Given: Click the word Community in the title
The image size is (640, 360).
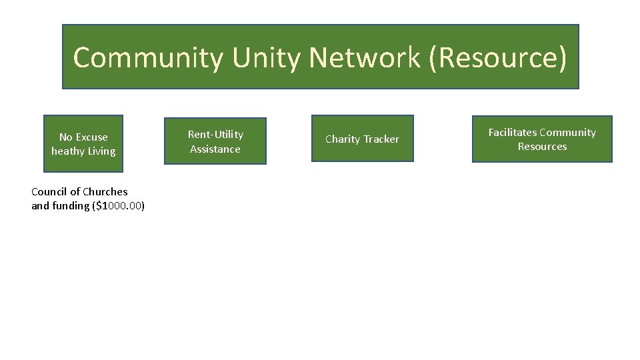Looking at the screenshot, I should coord(148,58).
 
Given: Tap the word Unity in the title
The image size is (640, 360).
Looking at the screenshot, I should coord(267,58).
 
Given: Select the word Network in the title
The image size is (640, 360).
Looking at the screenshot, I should coord(365,58).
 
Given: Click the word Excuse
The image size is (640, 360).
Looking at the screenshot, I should coord(91,137).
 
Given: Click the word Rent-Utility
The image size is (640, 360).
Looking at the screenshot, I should coord(215,135).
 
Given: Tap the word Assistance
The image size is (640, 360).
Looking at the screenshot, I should coord(215,149).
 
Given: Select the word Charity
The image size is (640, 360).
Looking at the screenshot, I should coord(342,139).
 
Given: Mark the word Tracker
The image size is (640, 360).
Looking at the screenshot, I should coord(381,139).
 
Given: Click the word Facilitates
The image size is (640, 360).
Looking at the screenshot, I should coord(513,133).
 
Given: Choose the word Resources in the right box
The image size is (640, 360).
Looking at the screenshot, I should coord(542,147).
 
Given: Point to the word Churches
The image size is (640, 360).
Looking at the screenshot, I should coord(105,192).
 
